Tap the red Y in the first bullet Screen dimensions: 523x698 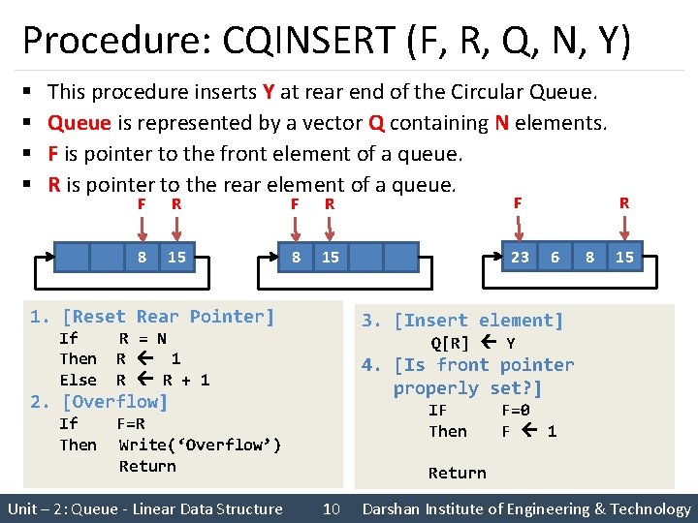tap(268, 92)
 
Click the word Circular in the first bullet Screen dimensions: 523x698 tap(488, 92)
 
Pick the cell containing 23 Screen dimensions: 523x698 tap(520, 257)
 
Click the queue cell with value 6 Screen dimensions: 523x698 tap(555, 257)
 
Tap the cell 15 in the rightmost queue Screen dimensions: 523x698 tap(624, 257)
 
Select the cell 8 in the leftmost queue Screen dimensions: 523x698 tap(142, 257)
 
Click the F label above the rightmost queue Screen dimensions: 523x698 tap(518, 202)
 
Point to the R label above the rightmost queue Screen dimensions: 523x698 tap(624, 202)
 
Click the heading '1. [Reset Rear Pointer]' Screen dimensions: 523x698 tap(152, 317)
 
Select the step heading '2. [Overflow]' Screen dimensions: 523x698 tap(99, 401)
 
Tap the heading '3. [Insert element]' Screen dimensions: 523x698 tap(462, 321)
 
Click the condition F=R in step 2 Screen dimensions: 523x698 tap(131, 423)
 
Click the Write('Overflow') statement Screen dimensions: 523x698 tap(200, 445)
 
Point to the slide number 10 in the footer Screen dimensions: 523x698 tap(331, 508)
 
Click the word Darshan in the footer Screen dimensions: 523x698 tap(394, 508)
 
